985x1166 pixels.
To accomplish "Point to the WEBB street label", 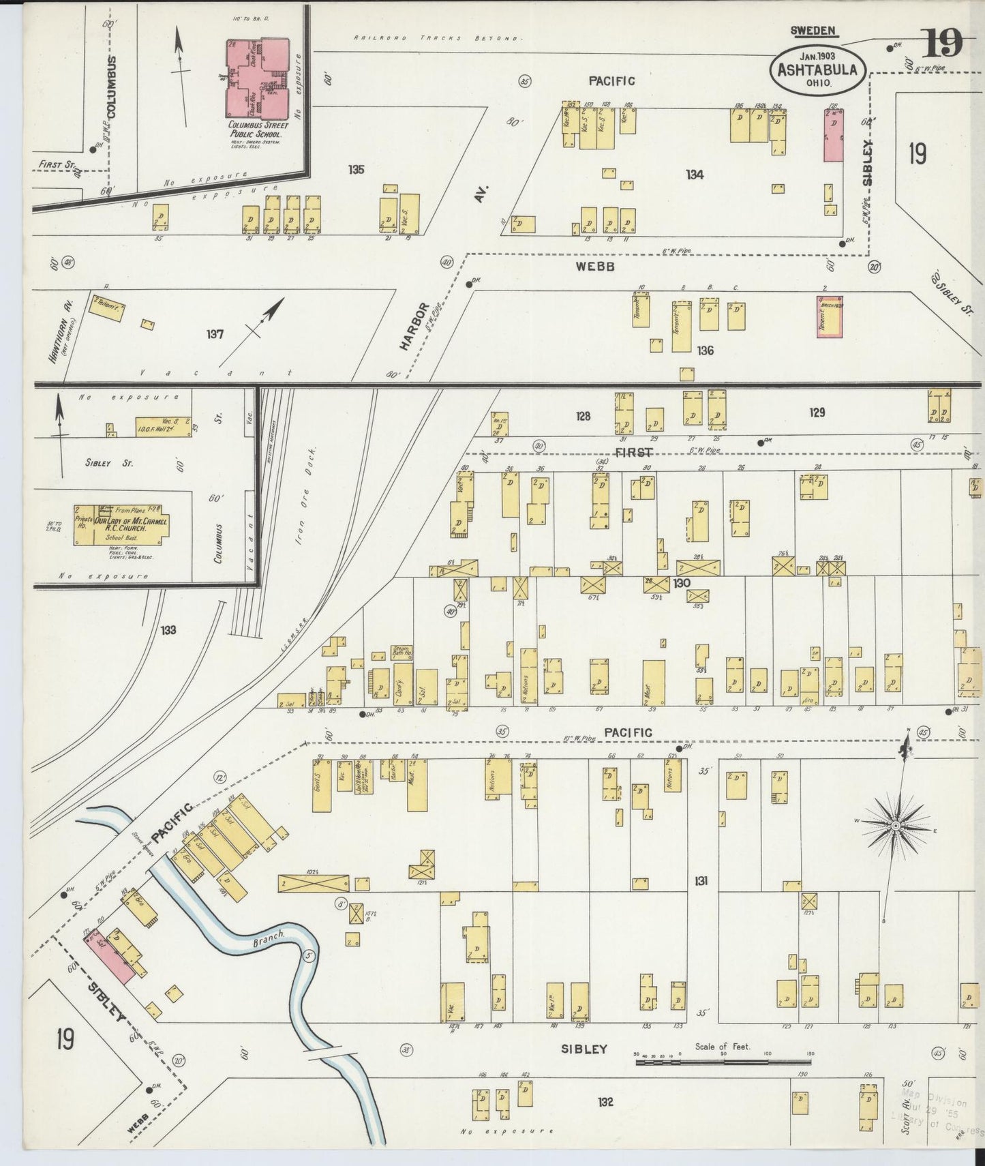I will click(596, 267).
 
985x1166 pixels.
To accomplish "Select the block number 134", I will click(695, 175).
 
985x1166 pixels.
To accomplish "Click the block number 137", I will click(215, 335).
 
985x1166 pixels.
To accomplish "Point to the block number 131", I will click(701, 881).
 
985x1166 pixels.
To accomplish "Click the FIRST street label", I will click(634, 452).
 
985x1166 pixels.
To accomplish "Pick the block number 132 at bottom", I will click(605, 1101).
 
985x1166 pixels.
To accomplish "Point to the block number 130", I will click(681, 584).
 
